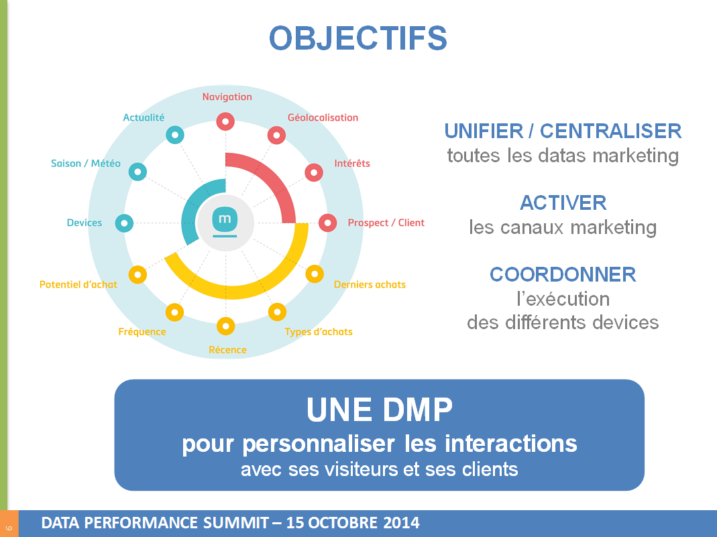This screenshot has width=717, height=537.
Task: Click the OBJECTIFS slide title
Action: [x=357, y=38]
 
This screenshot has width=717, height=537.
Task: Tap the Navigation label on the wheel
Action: [x=227, y=97]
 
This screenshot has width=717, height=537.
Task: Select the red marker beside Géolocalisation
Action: [x=276, y=135]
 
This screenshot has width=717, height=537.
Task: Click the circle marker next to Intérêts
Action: [x=314, y=172]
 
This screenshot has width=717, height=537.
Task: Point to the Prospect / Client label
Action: [x=386, y=223]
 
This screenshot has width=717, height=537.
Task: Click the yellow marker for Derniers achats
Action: [x=315, y=274]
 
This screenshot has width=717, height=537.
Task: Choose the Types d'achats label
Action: [x=318, y=332]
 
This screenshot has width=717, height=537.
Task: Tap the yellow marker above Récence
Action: [x=226, y=326]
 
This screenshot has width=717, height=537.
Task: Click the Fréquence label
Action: [x=142, y=332]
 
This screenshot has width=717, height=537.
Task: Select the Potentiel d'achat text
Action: [x=78, y=284]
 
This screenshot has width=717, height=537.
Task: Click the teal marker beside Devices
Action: [x=124, y=223]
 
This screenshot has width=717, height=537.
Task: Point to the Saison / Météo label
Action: [x=86, y=164]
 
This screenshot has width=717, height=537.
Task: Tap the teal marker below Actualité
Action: [x=174, y=135]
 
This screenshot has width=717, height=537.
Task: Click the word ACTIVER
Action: [x=563, y=202]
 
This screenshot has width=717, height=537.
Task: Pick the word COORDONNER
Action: [x=563, y=274]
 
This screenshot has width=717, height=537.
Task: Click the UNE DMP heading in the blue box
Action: [x=379, y=410]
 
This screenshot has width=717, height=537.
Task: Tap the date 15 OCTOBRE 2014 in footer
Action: [x=353, y=523]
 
